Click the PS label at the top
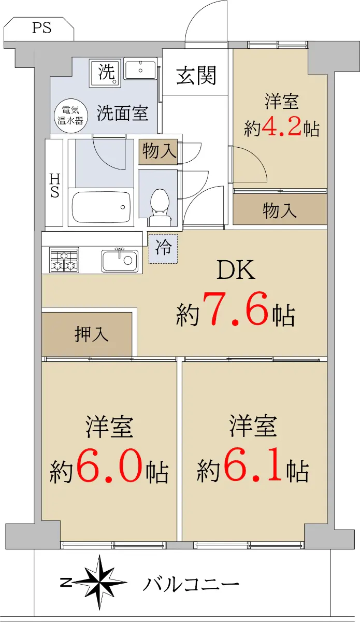pyautogui.click(x=41, y=28)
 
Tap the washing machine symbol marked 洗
pyautogui.click(x=106, y=73)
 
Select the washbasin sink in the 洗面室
pyautogui.click(x=140, y=70)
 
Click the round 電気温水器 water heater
pyautogui.click(x=70, y=115)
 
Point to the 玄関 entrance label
pyautogui.click(x=196, y=76)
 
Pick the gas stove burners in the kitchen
pyautogui.click(x=64, y=260)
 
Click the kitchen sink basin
pyautogui.click(x=120, y=261)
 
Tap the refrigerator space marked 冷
pyautogui.click(x=163, y=249)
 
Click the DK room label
pyautogui.click(x=236, y=270)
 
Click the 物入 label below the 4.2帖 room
pyautogui.click(x=280, y=210)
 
